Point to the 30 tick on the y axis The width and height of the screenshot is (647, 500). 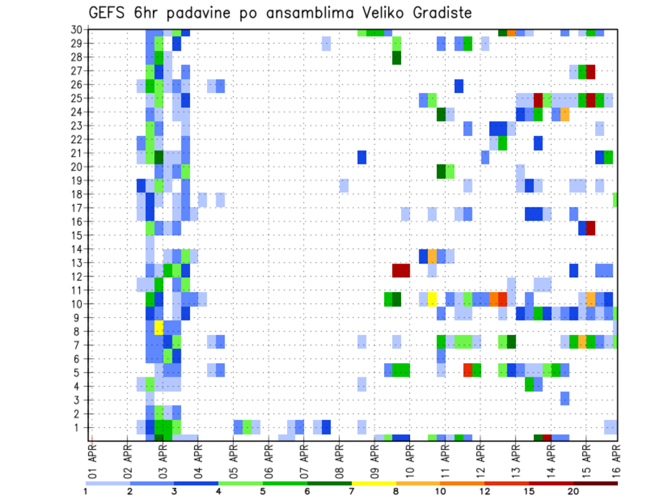coord(78,29)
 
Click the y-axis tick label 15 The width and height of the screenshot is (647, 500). coord(78,235)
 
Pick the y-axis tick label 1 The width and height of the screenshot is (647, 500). coord(80,427)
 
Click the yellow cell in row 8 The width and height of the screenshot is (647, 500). coord(159,327)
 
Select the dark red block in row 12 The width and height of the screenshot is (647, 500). coord(401,270)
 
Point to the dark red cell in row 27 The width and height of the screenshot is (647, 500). coord(590,71)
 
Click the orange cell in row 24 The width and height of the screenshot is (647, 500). coord(565,114)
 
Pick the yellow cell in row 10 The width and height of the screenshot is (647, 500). coord(432,298)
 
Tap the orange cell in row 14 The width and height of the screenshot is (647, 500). coord(432,256)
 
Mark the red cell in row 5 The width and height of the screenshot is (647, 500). coord(468,369)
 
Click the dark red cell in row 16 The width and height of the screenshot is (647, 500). coord(590,228)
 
